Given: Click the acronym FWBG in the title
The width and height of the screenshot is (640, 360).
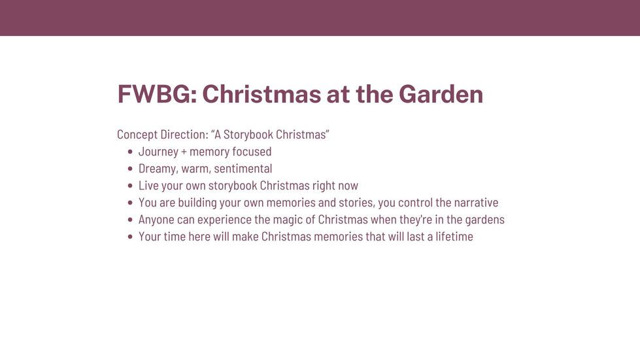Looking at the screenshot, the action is (x=154, y=94).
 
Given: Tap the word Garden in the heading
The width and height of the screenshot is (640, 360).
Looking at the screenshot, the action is (x=441, y=94).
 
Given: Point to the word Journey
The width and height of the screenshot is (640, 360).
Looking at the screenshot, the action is (x=158, y=152).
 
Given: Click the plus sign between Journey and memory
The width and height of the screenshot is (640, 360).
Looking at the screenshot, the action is (x=184, y=152).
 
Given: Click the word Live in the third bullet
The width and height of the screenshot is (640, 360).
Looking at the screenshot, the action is (x=148, y=186).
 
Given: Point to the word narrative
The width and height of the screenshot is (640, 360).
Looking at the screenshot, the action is (x=476, y=203).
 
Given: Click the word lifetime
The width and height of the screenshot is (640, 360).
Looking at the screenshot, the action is (x=454, y=237).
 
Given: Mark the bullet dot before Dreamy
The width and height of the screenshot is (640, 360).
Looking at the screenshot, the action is (x=130, y=169).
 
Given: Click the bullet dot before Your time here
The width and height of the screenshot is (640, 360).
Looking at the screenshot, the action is (x=130, y=237).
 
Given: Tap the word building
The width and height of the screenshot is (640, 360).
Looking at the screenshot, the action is (x=197, y=203).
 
